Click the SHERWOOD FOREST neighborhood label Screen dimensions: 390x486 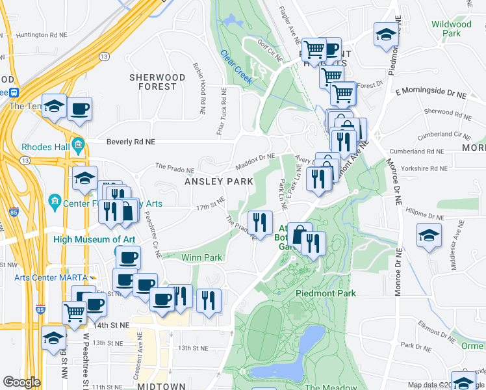157,81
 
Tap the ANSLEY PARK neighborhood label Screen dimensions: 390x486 218,181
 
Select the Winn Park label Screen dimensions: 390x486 201,257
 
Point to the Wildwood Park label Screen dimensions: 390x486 452,29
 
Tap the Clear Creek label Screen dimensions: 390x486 235,66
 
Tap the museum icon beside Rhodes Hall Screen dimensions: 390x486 78,144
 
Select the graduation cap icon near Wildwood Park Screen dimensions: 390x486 386,34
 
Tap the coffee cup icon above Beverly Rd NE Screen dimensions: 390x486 79,109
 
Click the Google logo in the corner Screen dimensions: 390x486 21,382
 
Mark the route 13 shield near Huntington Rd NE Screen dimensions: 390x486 104,57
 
